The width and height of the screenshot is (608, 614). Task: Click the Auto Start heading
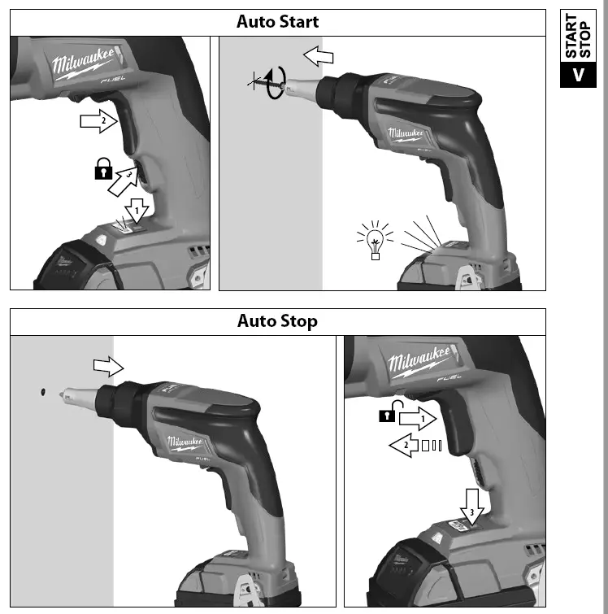[x=277, y=21]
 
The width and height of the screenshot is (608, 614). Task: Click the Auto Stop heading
[x=277, y=320]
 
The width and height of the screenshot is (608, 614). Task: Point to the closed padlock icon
[x=102, y=171]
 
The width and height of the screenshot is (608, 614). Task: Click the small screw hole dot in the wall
[x=41, y=393]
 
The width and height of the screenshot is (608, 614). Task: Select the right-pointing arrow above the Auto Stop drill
[x=108, y=366]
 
